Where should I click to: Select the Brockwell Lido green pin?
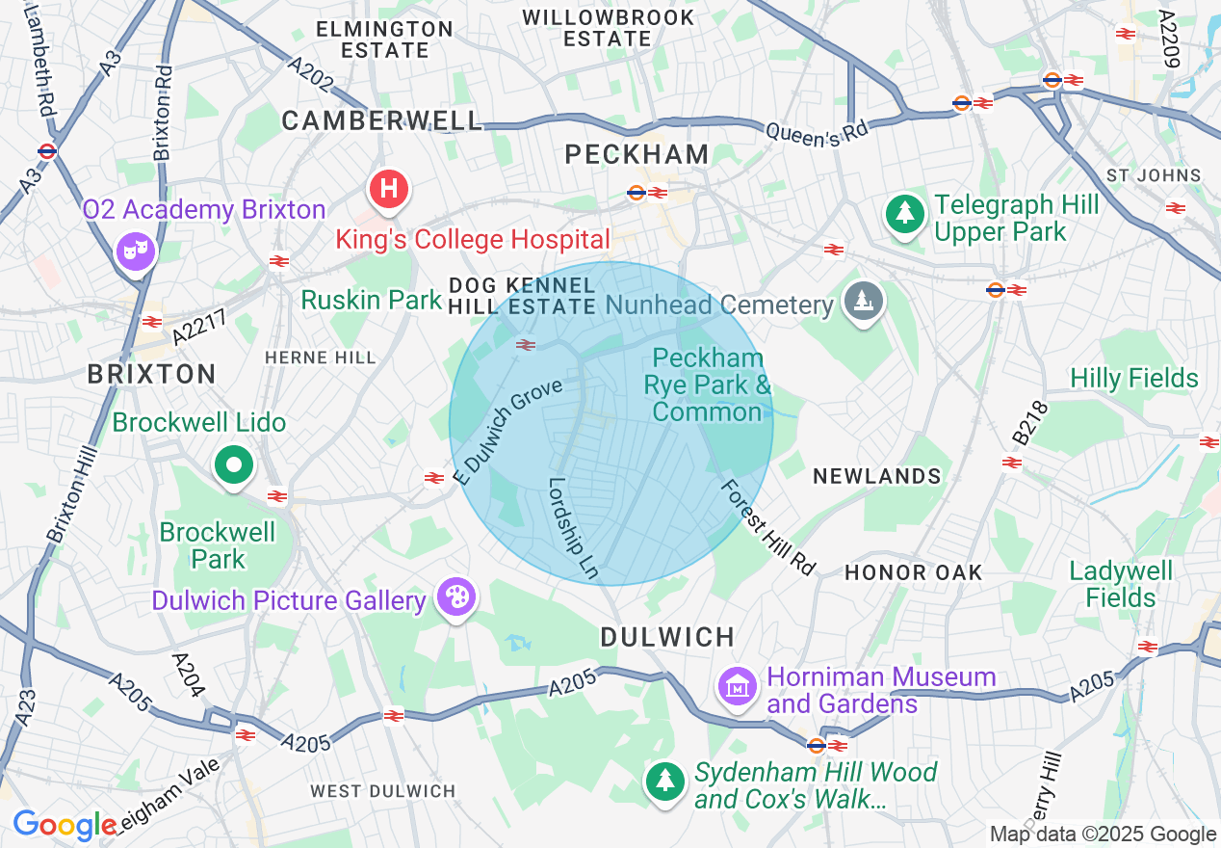(233, 465)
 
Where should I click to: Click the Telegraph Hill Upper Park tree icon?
(904, 213)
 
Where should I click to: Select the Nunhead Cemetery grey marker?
(864, 302)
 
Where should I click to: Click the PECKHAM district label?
(637, 154)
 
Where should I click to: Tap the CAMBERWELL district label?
(382, 120)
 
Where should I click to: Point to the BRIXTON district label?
(152, 374)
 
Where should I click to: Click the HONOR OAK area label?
(913, 572)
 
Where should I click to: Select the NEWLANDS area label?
(876, 476)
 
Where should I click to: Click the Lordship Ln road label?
(575, 529)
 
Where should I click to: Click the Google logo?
(65, 825)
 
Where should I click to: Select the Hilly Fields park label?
(1134, 378)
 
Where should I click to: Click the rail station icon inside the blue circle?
(526, 345)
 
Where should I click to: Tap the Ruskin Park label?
(371, 300)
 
